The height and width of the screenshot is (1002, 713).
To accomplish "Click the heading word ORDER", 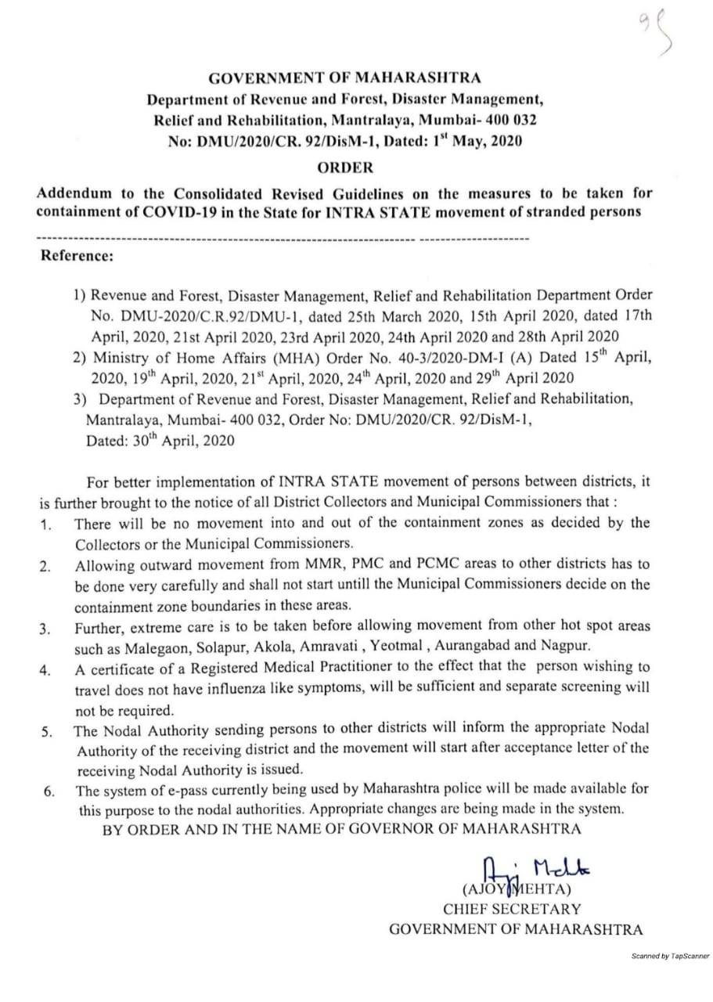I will [x=345, y=167].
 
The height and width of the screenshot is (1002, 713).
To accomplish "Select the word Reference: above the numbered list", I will [x=77, y=255].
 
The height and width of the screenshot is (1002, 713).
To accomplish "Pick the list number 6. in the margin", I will [x=48, y=791].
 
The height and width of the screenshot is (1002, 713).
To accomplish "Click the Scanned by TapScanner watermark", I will [x=670, y=956].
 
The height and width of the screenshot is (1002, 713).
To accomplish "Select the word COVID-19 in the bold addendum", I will [x=162, y=212].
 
